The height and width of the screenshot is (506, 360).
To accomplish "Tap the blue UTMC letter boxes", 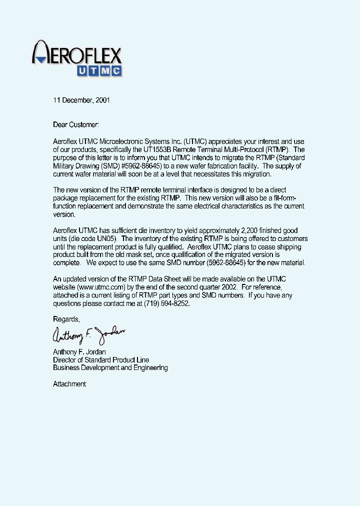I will click(99, 71).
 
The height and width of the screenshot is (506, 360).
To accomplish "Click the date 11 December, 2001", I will click(81, 100).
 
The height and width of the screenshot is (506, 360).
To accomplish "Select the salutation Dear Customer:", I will click(76, 124).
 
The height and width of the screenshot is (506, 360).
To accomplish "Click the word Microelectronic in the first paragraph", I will click(124, 141).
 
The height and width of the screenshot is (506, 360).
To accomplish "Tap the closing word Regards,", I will click(66, 319).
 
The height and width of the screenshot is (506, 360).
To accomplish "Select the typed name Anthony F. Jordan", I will click(79, 351).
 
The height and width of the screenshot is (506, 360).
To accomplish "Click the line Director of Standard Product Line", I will click(101, 359).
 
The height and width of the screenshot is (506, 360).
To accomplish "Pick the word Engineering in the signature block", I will click(150, 367).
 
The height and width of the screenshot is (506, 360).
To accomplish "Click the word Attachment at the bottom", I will click(69, 384).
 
